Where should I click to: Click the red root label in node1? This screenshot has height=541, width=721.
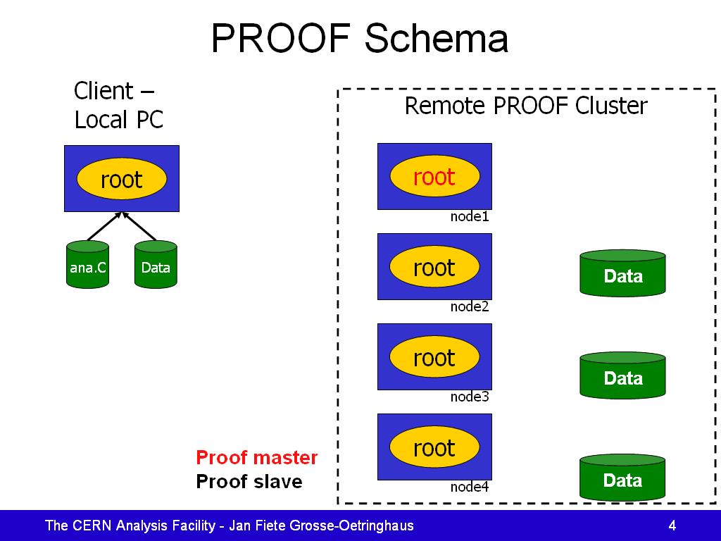pos(434,177)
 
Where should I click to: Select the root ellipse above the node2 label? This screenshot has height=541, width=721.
pos(434,266)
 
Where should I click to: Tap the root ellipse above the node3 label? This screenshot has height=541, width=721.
pos(434,356)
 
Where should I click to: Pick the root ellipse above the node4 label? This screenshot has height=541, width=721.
pos(434,447)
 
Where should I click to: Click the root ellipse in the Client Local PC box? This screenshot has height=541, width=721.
pos(121,178)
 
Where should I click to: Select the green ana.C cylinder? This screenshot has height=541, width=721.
pos(88,265)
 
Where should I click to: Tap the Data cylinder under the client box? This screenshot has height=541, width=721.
pos(156,265)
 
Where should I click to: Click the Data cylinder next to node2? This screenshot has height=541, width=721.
pos(622,273)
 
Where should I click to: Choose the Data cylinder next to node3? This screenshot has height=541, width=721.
pos(622,375)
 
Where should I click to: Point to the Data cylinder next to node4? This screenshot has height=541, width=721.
pos(622,477)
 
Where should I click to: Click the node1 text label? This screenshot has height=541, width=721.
pos(470,216)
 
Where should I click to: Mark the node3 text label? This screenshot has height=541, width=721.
pos(470,397)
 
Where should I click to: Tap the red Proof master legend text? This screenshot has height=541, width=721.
pos(256,457)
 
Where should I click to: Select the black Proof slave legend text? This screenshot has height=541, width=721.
pos(249,481)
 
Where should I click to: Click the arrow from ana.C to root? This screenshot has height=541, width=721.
pos(104,226)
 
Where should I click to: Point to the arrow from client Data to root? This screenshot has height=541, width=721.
pos(139,226)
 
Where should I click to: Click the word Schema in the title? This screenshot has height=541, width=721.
pos(437,38)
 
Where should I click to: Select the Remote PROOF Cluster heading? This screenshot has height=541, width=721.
pos(526,106)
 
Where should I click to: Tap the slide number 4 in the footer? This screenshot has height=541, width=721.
pos(672,526)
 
